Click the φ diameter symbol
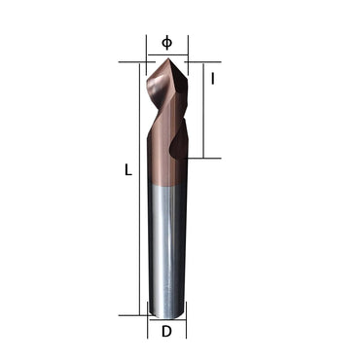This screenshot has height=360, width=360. click(166, 42)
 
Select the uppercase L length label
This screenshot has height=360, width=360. click(127, 169)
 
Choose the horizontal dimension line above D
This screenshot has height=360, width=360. click(166, 317)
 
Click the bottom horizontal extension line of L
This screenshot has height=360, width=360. click(131, 314)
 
